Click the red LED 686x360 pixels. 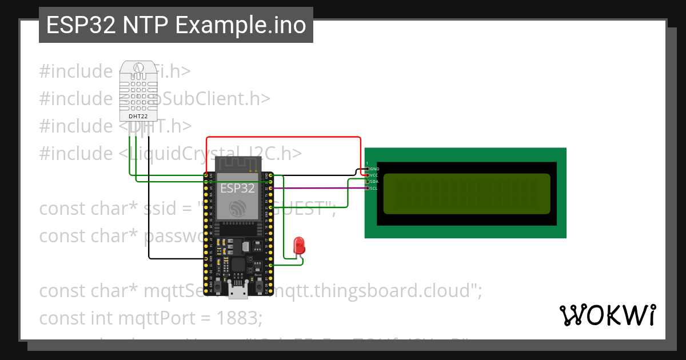[298, 246]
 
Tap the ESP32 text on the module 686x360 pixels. [237, 188]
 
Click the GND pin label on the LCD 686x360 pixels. [374, 169]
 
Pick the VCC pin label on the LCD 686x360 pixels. [374, 175]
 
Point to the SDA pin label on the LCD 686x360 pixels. [374, 181]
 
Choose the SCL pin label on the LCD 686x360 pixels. [374, 188]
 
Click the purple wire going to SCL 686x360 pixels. [320, 187]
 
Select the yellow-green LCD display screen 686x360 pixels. [466, 193]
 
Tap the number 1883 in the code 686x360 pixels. [239, 318]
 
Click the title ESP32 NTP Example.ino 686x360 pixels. [176, 25]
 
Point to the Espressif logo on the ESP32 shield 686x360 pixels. [237, 208]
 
